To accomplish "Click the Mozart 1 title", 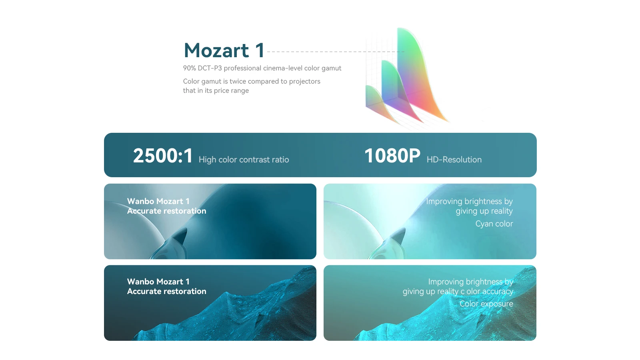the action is tap(224, 50).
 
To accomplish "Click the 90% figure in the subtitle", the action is tap(190, 68).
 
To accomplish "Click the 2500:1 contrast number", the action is tap(163, 156).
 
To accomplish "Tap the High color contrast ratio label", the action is tap(244, 160).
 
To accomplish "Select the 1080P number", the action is tap(392, 156).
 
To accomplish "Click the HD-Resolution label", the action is tap(454, 160).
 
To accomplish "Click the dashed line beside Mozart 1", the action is tap(336, 52).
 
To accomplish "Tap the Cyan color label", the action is tap(494, 224).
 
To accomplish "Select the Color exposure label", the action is tap(486, 304).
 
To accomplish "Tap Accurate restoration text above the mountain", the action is tap(166, 291).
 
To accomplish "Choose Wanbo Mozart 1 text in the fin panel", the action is tap(158, 201).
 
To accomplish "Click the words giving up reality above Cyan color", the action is tap(484, 211).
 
